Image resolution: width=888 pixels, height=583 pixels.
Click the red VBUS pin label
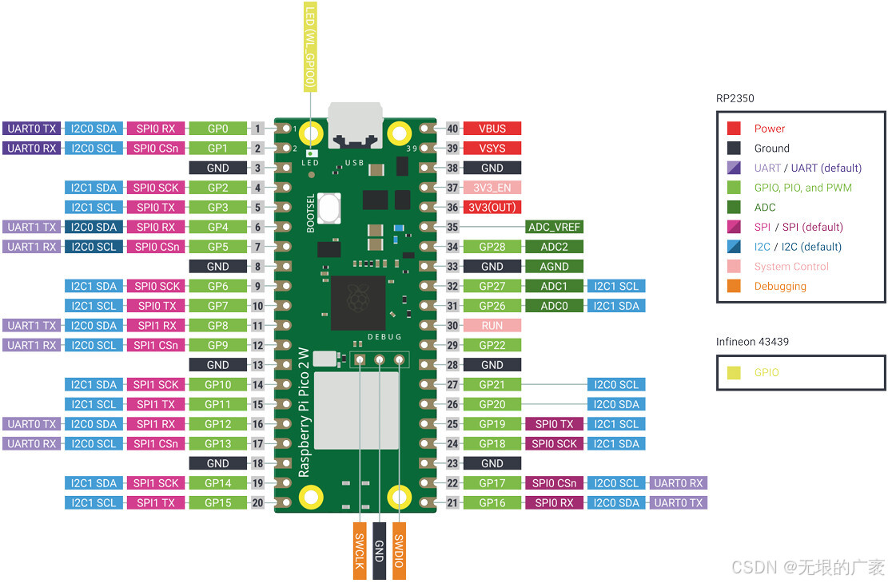[492, 129]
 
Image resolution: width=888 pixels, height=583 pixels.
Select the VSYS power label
[492, 148]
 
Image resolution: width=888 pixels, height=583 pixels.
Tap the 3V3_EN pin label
[492, 188]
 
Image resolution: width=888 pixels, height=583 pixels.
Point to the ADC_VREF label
[554, 227]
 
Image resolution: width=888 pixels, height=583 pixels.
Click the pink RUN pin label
[492, 325]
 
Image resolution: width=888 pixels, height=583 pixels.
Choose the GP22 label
[492, 345]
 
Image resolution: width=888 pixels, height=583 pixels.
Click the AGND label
[554, 266]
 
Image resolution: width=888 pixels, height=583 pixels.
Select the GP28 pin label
[492, 247]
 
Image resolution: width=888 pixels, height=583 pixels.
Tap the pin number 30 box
[453, 325]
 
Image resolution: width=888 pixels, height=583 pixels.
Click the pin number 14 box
[257, 384]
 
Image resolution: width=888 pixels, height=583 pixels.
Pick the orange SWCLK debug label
[360, 551]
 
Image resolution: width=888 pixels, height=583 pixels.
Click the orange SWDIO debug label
[399, 551]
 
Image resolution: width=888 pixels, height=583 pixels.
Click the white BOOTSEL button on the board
[328, 209]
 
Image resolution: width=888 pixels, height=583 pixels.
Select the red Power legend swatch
[734, 129]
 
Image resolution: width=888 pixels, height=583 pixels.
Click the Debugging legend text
[780, 286]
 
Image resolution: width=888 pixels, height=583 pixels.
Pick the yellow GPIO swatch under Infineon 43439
[734, 373]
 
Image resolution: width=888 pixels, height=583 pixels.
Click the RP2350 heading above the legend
[735, 99]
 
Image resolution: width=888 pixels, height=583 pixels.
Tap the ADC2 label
[554, 247]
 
